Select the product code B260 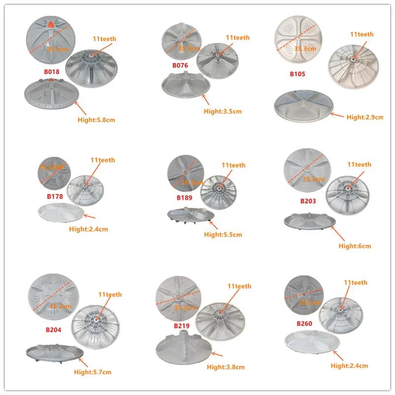pos(305,324)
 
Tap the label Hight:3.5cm pos(223,111)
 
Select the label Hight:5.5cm pos(223,234)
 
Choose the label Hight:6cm pos(355,246)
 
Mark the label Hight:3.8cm pos(226,367)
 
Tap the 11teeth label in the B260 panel pos(356,283)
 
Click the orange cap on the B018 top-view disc pos(54,24)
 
